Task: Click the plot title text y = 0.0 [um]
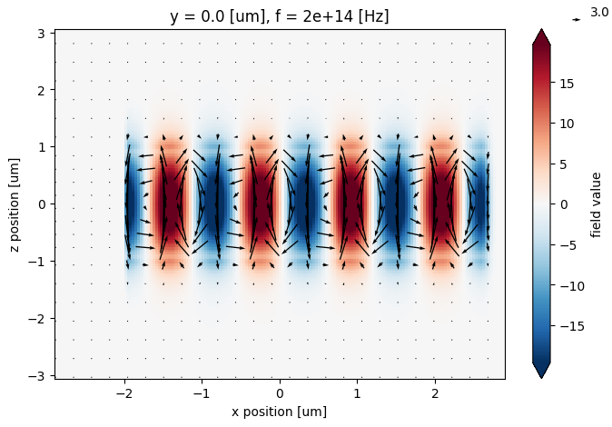tap(218, 15)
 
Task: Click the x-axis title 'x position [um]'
tap(280, 412)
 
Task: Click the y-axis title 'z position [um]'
tap(20, 204)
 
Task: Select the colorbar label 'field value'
tap(596, 204)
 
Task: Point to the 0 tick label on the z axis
tap(43, 204)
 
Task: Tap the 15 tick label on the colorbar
tap(565, 84)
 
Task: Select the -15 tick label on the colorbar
tap(568, 325)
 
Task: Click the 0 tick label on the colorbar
tap(561, 204)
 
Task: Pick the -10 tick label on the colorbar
tap(568, 285)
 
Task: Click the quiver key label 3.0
tap(599, 13)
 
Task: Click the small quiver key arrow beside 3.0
tap(577, 18)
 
